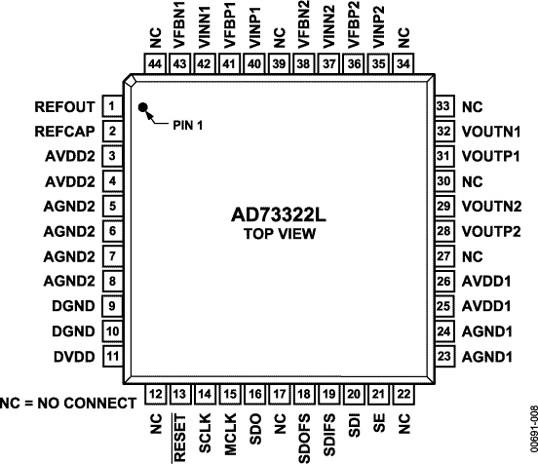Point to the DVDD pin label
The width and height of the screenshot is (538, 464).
74,359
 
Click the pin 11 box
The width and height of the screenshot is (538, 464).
112,359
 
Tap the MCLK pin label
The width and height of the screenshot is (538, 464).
231,433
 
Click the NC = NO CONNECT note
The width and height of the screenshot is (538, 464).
68,403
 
